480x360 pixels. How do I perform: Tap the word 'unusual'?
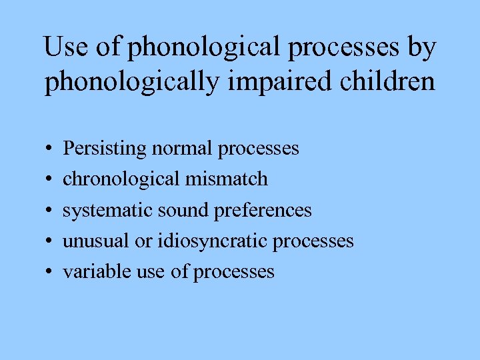click(x=96, y=241)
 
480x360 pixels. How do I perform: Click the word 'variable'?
click(x=91, y=271)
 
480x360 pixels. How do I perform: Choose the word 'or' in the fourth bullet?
click(x=144, y=241)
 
